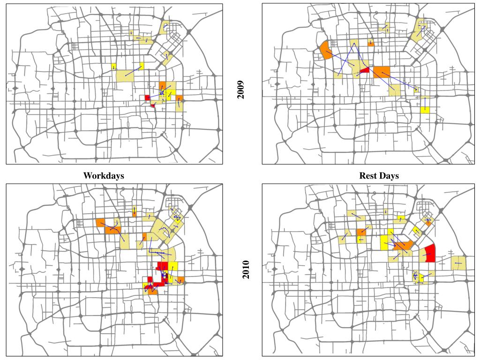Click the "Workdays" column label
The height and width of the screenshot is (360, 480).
pyautogui.click(x=104, y=176)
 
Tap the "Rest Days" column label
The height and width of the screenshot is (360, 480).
pyautogui.click(x=379, y=176)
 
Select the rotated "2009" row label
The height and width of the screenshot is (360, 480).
pyautogui.click(x=241, y=90)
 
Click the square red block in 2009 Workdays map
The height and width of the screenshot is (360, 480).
pyautogui.click(x=147, y=97)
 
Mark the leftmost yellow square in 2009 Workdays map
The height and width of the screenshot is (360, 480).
pyautogui.click(x=113, y=67)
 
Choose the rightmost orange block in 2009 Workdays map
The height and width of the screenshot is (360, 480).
pyautogui.click(x=179, y=98)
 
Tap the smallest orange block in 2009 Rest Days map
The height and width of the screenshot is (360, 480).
pyautogui.click(x=371, y=43)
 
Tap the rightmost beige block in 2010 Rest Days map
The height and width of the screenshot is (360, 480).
pyautogui.click(x=459, y=263)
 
